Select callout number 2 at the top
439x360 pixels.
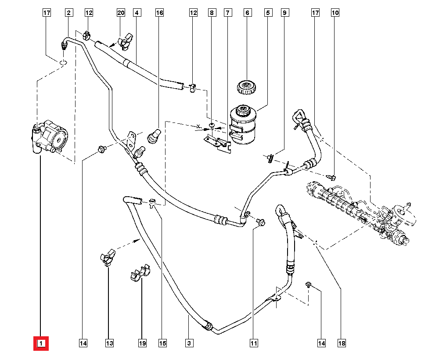(68, 13)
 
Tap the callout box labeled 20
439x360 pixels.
(121, 13)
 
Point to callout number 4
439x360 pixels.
(137, 13)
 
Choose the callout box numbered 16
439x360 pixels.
(159, 13)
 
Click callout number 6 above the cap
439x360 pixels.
(247, 13)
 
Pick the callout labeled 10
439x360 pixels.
(335, 13)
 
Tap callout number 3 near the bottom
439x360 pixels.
(189, 343)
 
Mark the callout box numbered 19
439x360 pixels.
(142, 343)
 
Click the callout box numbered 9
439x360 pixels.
(284, 13)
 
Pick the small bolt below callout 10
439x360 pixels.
(332, 177)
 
